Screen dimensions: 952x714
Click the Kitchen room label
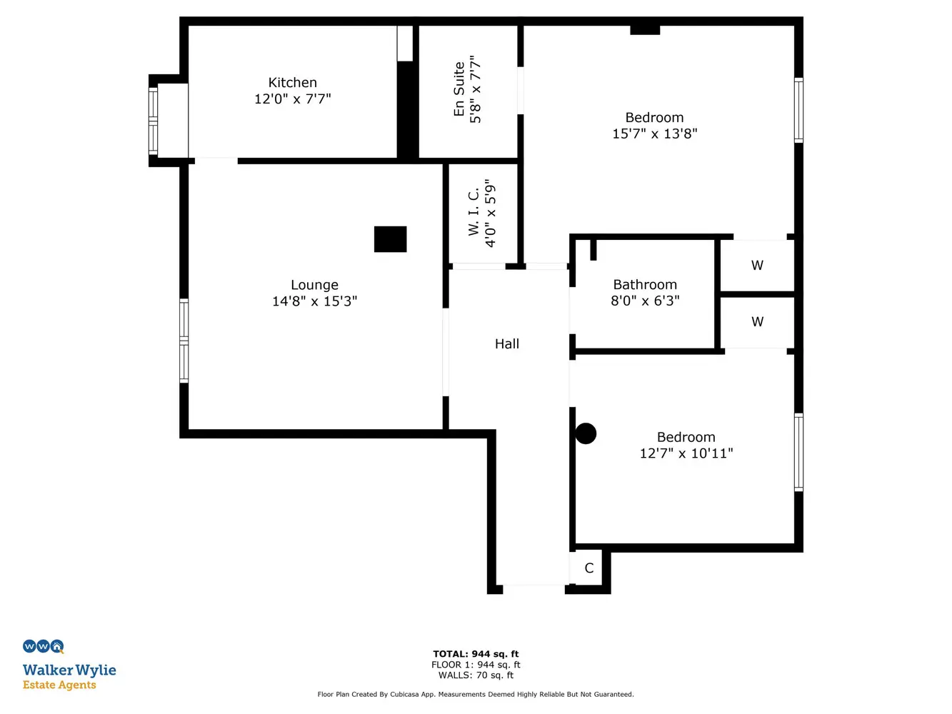(292, 82)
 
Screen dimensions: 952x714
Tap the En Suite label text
(459, 89)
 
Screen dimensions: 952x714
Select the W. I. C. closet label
(474, 213)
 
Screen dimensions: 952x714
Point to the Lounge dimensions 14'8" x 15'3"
(314, 301)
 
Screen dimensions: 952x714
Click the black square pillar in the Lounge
(391, 239)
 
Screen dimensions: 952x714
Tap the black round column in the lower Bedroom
(586, 433)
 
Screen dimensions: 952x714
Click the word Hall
(506, 343)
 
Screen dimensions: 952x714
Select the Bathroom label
(645, 284)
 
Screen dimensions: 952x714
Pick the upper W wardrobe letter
(757, 266)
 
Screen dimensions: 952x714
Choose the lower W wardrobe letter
(757, 322)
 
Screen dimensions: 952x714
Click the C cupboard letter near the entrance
(588, 568)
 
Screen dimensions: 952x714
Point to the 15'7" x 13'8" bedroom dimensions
(654, 134)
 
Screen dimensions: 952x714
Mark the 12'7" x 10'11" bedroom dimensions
(686, 453)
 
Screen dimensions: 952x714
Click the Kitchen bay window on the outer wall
(153, 121)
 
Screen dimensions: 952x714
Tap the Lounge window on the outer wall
(184, 341)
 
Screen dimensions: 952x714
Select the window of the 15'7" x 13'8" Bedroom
(798, 110)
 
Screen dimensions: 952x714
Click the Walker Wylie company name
(69, 670)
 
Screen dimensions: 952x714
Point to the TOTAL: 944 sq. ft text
(476, 654)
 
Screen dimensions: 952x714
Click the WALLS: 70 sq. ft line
(476, 675)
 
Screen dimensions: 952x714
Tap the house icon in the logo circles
(57, 646)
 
